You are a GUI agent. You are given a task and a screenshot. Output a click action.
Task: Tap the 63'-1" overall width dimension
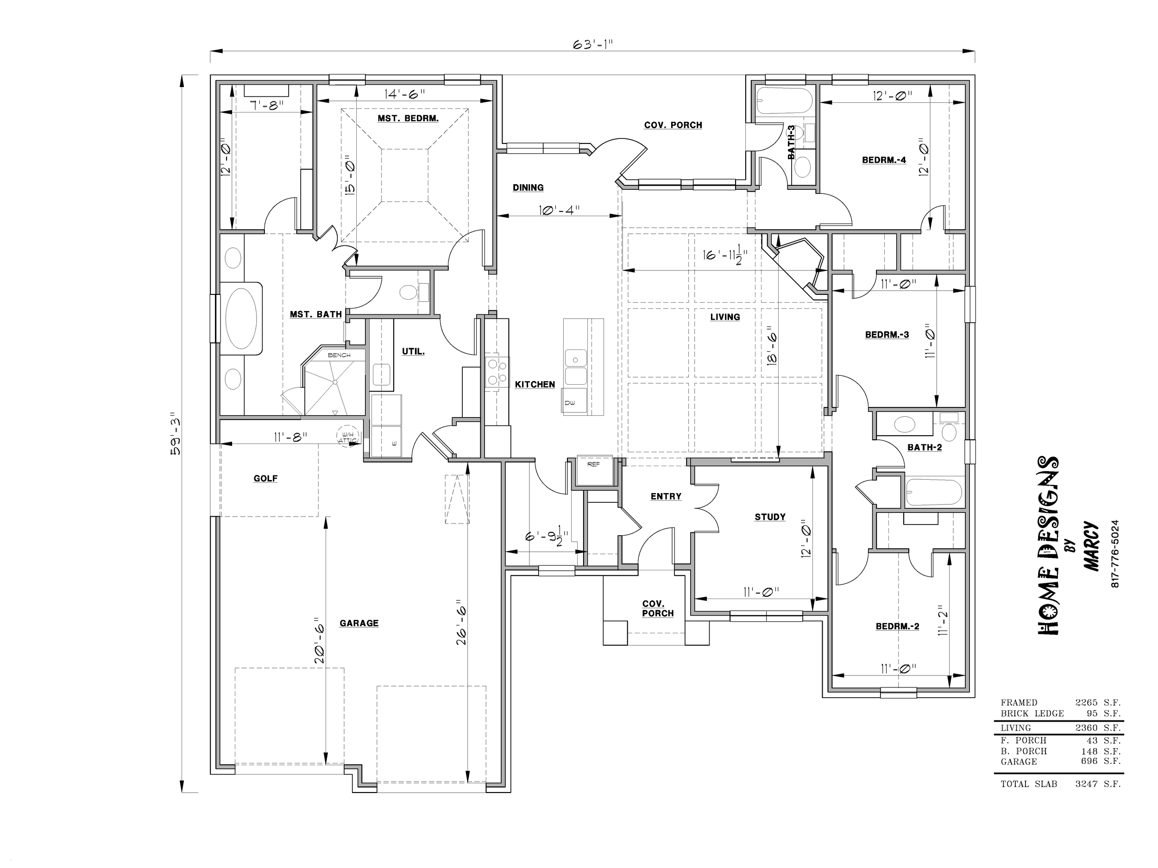click(592, 44)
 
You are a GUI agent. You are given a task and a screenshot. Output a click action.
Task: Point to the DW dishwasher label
click(570, 402)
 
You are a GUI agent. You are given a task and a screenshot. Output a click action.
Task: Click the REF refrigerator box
click(594, 470)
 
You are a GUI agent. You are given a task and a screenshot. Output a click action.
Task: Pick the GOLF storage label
click(265, 478)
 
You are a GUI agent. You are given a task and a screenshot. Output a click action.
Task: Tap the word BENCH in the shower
click(339, 355)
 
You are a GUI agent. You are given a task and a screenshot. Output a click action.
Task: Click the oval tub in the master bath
click(241, 318)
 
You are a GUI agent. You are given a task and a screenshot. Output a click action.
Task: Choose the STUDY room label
click(770, 517)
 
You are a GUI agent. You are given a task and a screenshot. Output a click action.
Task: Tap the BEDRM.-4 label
click(884, 160)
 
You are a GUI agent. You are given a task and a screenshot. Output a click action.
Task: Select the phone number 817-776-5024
click(1114, 554)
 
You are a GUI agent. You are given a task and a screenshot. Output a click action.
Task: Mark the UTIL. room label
click(413, 351)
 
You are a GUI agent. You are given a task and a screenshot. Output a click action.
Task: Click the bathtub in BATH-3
click(784, 100)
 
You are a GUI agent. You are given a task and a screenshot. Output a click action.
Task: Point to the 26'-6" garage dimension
click(461, 622)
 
